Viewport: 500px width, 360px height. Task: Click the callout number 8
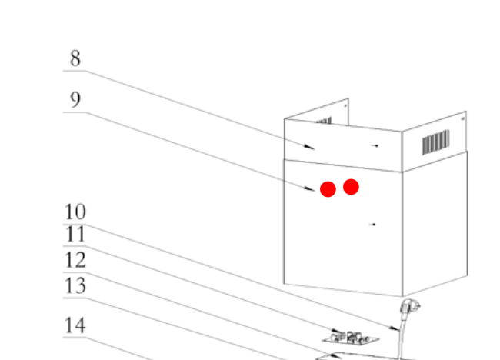[x=75, y=58]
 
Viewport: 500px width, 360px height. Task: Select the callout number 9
[x=75, y=99]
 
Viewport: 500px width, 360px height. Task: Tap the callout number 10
[x=75, y=212]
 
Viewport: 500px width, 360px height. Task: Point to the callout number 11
[x=75, y=235]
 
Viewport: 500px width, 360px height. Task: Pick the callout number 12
[x=75, y=260]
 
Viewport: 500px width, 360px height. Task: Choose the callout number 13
[x=75, y=285]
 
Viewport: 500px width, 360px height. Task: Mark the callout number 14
[x=75, y=325]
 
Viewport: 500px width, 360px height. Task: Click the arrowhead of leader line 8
[x=310, y=147]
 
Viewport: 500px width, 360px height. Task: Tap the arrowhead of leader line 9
[x=310, y=188]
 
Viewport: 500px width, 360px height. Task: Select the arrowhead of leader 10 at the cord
[x=395, y=328]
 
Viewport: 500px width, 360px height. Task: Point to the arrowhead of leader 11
[x=338, y=332]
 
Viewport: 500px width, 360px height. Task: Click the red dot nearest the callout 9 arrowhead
[x=328, y=189]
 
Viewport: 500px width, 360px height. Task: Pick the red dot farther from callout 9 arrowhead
[x=351, y=187]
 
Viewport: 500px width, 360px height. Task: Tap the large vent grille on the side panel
[x=436, y=142]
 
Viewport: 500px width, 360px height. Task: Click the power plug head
[x=409, y=307]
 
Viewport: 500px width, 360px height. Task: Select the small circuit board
[x=351, y=338]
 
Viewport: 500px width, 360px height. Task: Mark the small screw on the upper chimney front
[x=375, y=145]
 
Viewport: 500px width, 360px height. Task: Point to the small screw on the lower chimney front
[x=373, y=225]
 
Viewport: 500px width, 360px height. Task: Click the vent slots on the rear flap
[x=323, y=122]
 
